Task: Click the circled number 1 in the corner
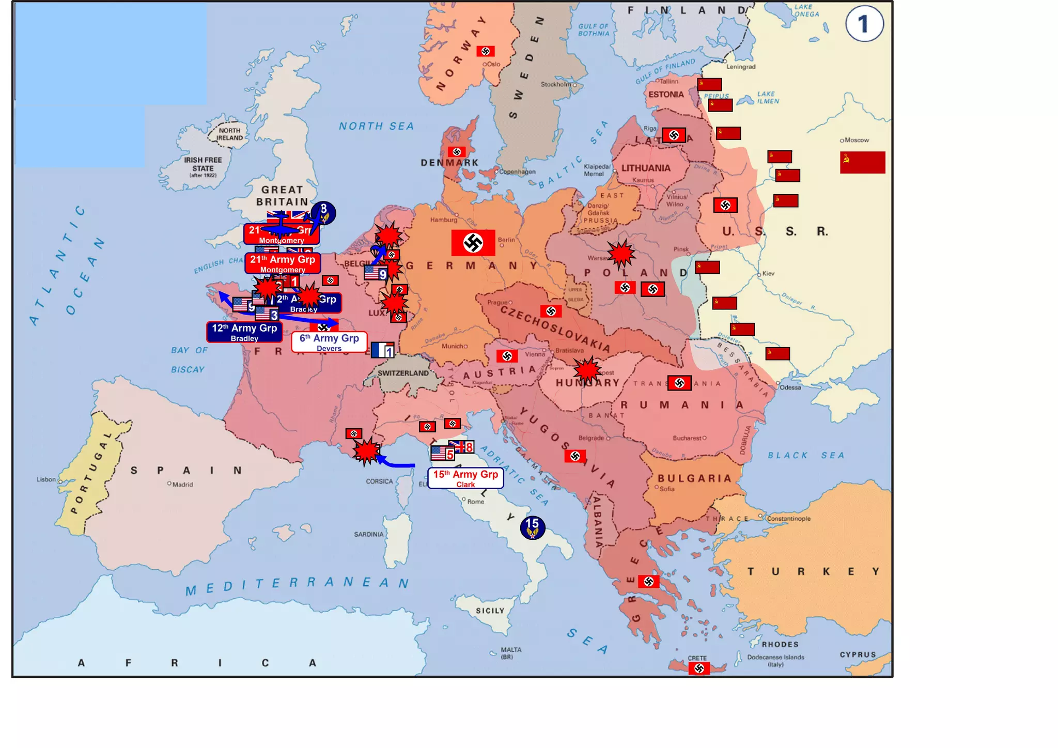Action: point(864,24)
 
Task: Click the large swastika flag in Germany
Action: point(473,242)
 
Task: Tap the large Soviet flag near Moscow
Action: point(862,162)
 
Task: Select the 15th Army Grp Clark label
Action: point(465,478)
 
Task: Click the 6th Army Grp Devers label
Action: point(329,342)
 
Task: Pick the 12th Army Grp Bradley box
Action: point(244,332)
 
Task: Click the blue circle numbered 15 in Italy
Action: point(532,527)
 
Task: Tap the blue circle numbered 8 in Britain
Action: point(323,212)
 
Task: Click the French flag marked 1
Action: point(382,350)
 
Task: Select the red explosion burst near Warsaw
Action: point(621,254)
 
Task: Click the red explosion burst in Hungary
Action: point(587,370)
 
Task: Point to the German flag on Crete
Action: point(699,668)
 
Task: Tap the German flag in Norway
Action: point(485,51)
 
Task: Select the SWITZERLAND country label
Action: point(403,373)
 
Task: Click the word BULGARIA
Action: point(694,478)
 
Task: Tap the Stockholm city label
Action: point(556,84)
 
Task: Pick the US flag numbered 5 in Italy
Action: point(442,454)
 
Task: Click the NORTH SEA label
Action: point(376,126)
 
